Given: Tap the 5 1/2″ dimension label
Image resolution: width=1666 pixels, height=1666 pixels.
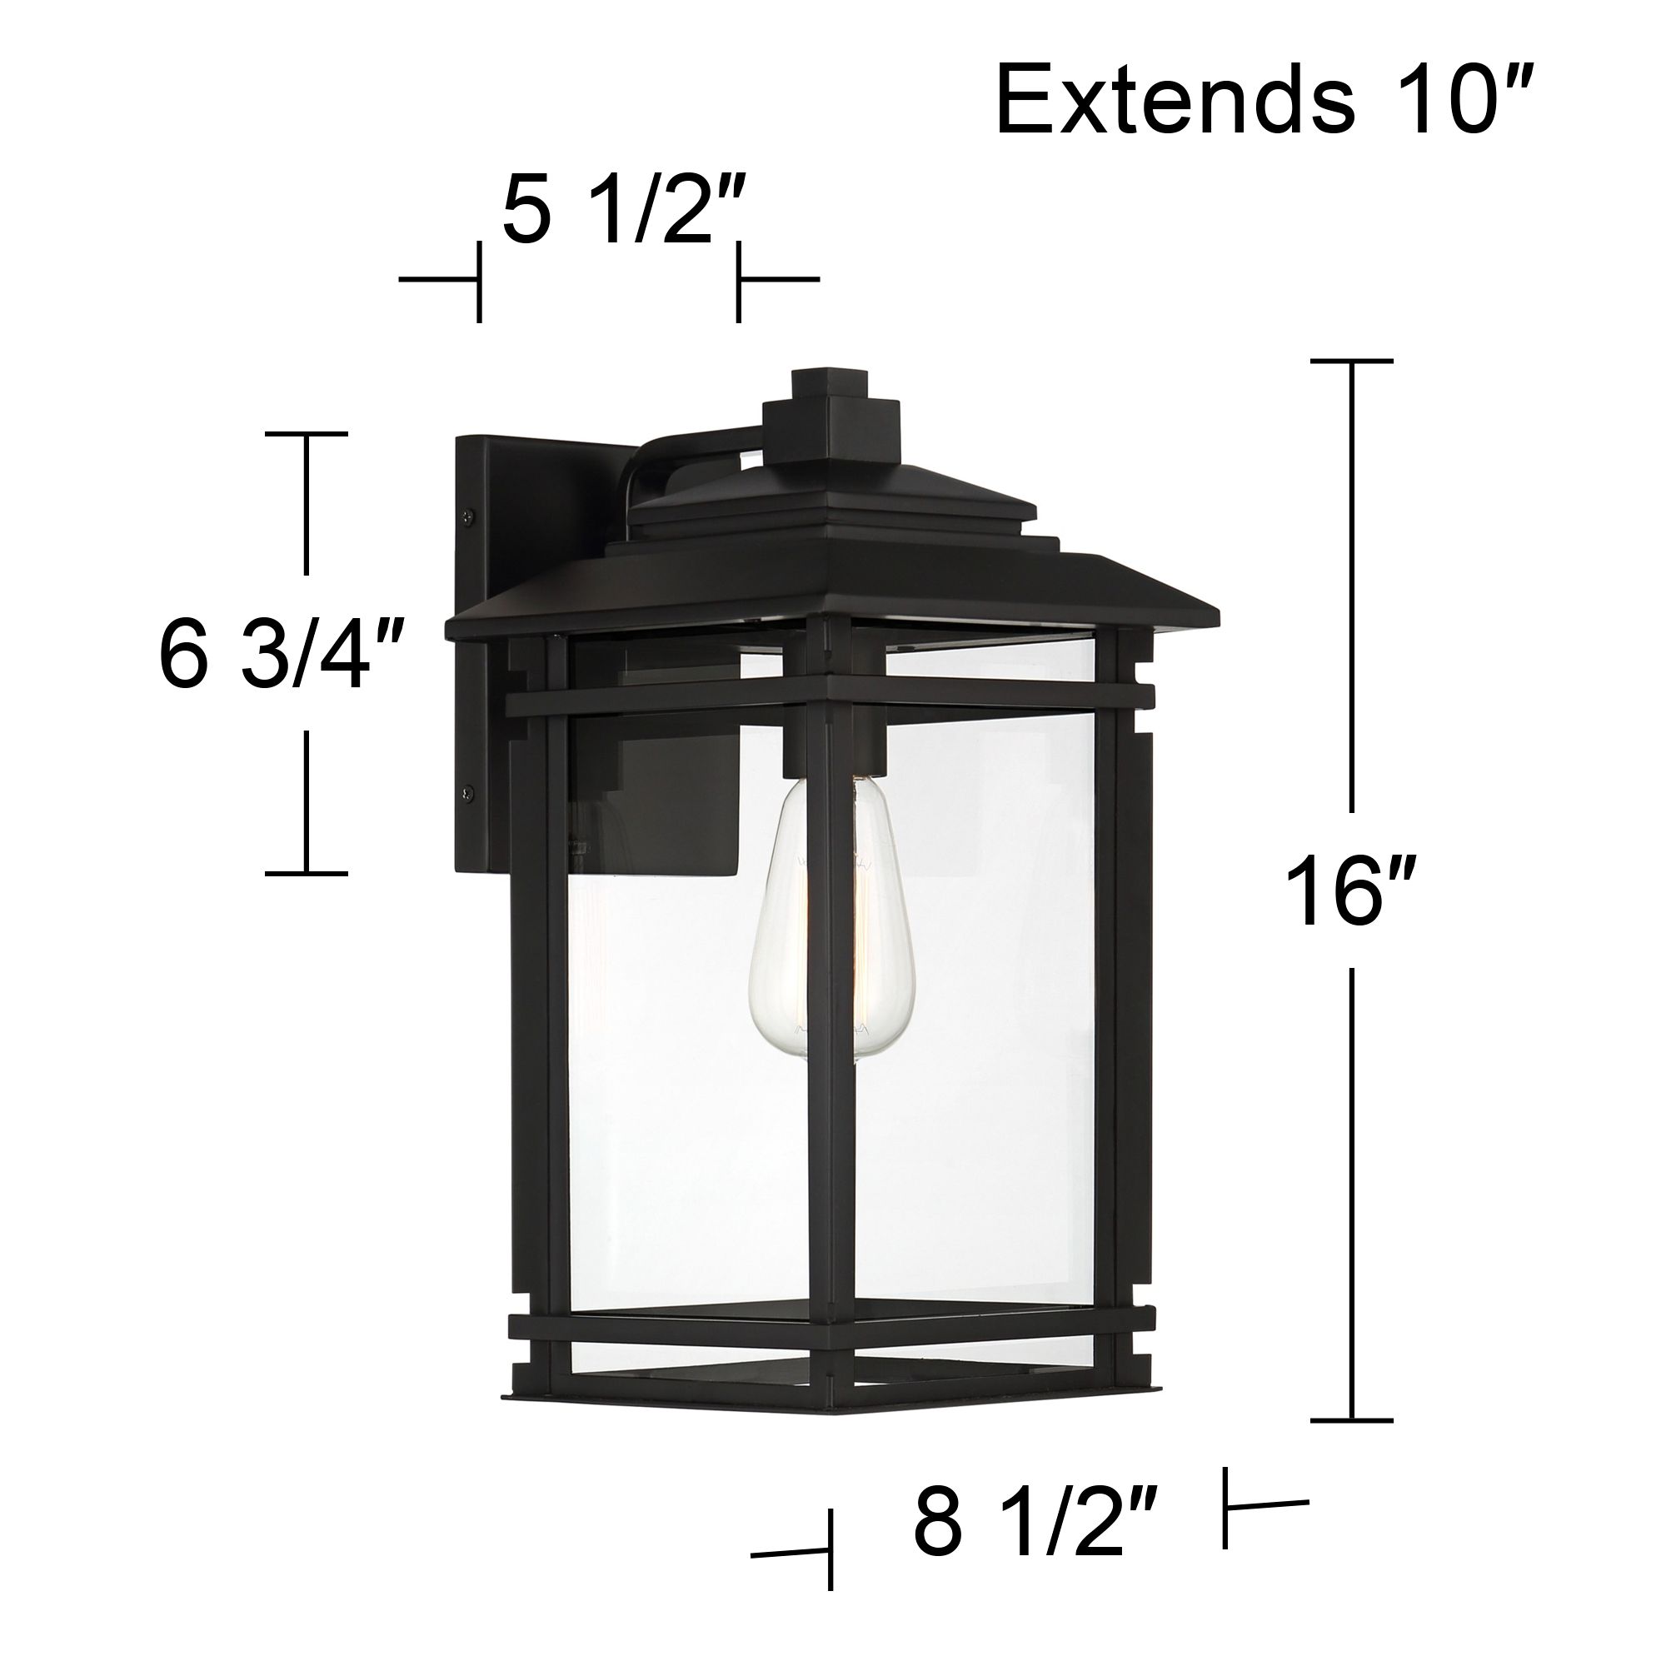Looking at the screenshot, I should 619,210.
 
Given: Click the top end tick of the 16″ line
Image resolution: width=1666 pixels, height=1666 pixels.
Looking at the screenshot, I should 1351,362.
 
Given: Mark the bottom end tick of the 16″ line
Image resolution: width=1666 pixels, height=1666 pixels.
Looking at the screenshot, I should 1351,1419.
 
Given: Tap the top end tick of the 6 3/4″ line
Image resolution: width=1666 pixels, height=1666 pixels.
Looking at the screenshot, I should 306,434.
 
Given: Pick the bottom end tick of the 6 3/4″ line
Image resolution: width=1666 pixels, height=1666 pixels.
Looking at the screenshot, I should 306,874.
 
